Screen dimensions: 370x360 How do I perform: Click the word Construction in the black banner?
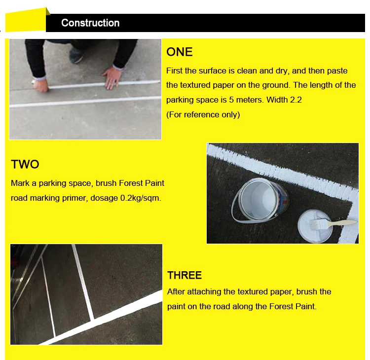click(x=90, y=23)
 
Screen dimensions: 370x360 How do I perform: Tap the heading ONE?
click(x=180, y=52)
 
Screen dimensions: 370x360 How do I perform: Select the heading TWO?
click(x=25, y=164)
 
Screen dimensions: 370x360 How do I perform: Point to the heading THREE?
click(x=185, y=275)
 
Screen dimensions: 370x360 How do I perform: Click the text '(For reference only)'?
click(x=203, y=114)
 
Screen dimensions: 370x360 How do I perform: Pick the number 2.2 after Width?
click(x=296, y=100)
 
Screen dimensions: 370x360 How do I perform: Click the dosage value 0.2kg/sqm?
click(x=141, y=198)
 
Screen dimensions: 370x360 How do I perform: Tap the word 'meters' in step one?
click(x=249, y=100)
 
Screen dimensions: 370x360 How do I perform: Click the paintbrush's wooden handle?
click(x=342, y=223)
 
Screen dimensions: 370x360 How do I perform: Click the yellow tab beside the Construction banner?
click(x=26, y=20)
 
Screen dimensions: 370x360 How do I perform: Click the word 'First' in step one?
click(x=174, y=71)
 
